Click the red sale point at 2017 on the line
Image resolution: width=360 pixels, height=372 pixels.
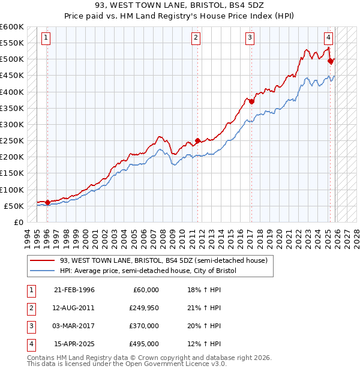point(251,101)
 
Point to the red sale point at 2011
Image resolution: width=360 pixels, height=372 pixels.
point(197,141)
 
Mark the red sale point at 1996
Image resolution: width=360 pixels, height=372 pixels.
point(47,202)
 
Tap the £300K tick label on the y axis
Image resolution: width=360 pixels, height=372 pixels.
point(12,124)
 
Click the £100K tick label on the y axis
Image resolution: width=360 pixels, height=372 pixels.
point(12,190)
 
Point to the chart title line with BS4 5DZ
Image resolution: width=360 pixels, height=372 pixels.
point(179,5)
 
